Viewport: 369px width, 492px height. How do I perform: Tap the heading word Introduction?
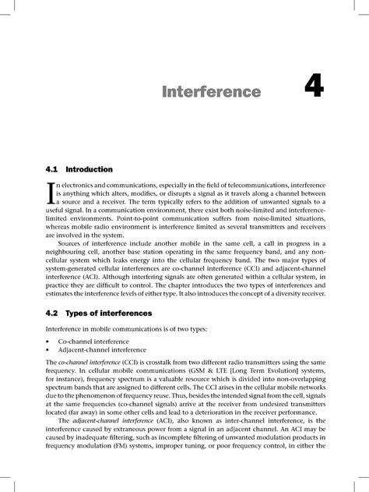click(90, 169)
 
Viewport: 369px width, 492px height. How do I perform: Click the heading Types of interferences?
click(108, 313)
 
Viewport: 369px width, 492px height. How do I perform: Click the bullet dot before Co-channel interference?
click(48, 342)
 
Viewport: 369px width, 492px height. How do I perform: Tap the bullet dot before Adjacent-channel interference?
click(48, 350)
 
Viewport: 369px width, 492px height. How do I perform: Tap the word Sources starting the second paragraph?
click(71, 243)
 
